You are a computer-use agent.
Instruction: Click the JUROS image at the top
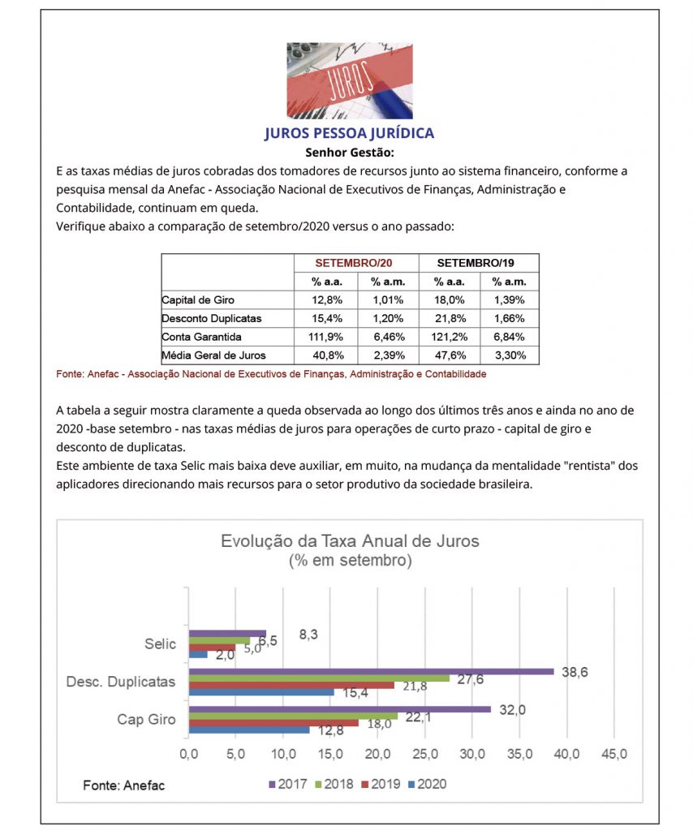coord(349,80)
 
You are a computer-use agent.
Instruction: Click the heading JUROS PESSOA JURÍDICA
coord(349,133)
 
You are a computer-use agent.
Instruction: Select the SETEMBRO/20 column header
coord(354,263)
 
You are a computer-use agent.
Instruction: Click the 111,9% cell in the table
coord(325,336)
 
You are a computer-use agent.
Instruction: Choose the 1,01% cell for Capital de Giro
coord(387,300)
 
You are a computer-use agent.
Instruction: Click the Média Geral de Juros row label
coord(214,355)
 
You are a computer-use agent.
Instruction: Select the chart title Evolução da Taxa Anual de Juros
coord(350,541)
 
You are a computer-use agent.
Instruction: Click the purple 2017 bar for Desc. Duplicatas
coord(371,671)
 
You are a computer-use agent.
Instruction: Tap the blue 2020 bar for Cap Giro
coord(249,730)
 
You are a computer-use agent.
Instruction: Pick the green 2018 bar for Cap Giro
coord(293,716)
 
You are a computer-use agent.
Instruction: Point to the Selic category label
coord(161,644)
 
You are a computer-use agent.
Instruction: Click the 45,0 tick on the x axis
coord(613,754)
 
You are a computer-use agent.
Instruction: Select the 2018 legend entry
coord(334,784)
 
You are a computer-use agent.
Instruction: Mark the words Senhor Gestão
coord(349,152)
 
